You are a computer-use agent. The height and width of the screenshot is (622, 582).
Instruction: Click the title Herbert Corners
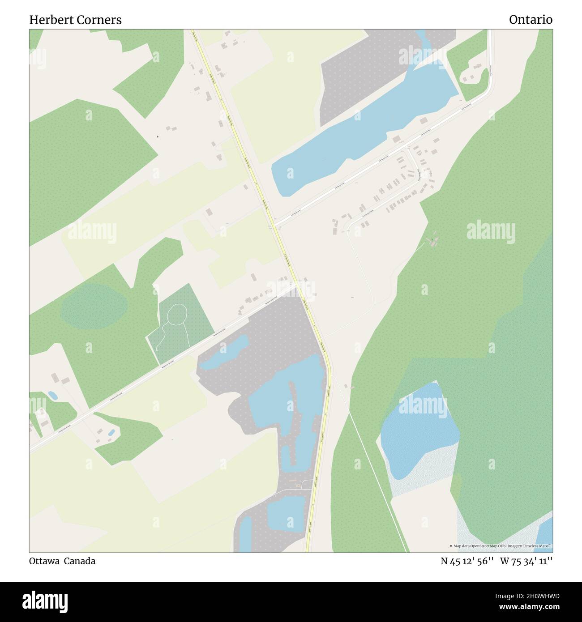tap(75, 20)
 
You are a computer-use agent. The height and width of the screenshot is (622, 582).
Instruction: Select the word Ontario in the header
tap(531, 20)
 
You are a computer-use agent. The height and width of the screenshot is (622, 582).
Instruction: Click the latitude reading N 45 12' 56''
tap(467, 561)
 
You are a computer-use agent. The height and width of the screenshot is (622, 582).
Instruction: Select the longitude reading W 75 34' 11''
tap(526, 561)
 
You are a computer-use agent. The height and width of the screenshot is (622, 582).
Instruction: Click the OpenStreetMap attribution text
tap(501, 546)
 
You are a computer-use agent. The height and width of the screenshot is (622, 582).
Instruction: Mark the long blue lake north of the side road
tap(358, 134)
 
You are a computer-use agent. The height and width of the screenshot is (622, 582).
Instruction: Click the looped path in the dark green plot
tap(177, 315)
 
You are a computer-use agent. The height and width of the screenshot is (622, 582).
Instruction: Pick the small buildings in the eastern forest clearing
tap(433, 242)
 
